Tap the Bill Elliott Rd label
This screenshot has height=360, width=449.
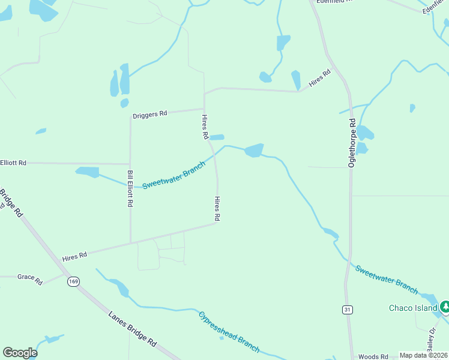tap(130, 188)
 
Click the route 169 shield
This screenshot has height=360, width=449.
tap(74, 281)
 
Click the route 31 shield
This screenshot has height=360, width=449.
tap(348, 310)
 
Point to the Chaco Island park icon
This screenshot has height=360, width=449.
tap(445, 307)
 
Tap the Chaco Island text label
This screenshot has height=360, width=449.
tap(413, 308)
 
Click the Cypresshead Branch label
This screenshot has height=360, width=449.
tap(229, 331)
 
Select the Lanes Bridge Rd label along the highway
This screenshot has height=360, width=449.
tap(133, 329)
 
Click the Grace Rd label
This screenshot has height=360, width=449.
tap(30, 279)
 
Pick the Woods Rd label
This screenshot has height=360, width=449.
tap(373, 356)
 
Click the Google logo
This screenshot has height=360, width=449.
tap(20, 353)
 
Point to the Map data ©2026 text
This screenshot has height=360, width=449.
tap(424, 355)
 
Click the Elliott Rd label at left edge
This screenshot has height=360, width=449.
tap(13, 163)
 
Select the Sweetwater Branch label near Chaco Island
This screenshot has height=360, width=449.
tap(386, 279)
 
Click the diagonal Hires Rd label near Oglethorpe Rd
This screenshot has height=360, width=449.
tap(320, 79)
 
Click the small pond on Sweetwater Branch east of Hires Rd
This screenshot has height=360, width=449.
tap(254, 150)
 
